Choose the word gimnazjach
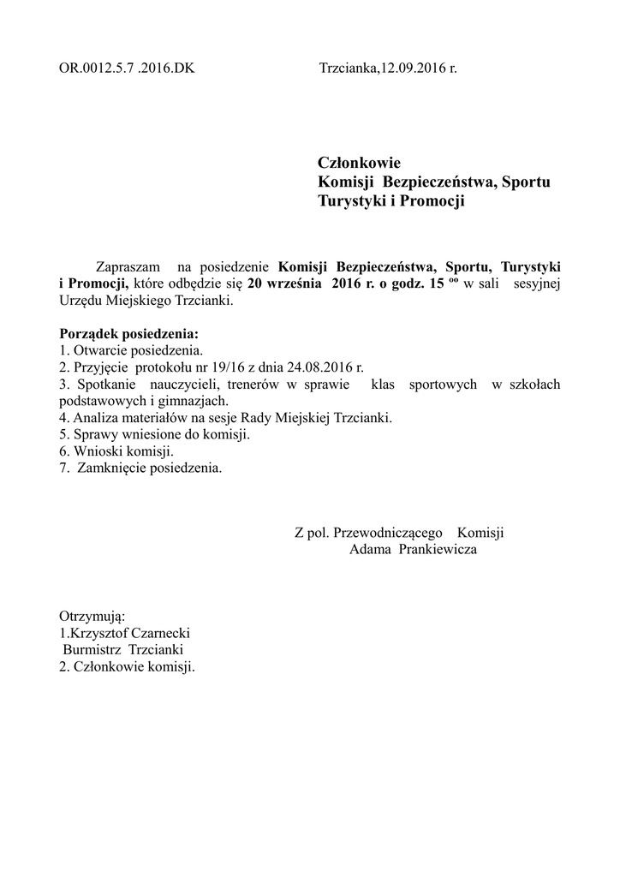tap(196, 401)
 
